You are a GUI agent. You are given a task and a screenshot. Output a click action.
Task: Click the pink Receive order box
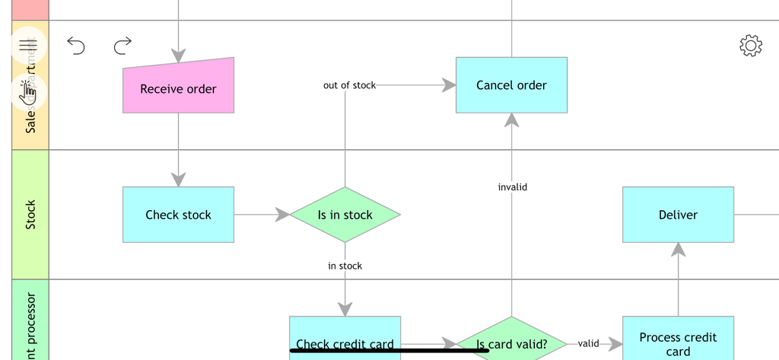coord(178,88)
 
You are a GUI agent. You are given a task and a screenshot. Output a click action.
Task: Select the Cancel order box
coord(511,85)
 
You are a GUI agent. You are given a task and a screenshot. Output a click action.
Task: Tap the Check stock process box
coord(178,215)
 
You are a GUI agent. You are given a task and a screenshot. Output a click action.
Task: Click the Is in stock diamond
coord(345,215)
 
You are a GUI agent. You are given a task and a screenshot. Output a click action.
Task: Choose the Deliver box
coord(678,215)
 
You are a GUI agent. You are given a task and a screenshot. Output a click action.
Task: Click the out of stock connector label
coord(349,85)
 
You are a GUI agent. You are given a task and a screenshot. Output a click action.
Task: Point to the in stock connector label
coord(345,266)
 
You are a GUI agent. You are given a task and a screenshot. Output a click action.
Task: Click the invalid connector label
coord(512,186)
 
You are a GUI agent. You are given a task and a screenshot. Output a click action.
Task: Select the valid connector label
coord(588,343)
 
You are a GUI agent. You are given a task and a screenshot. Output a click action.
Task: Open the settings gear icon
coord(750,46)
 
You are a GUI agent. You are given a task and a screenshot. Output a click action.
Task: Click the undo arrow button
coord(76,46)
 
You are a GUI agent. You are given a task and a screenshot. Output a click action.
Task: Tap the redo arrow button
coord(122,46)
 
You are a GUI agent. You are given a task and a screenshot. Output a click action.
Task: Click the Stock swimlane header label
coord(30,215)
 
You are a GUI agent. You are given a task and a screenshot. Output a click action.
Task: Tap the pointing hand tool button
coord(29,91)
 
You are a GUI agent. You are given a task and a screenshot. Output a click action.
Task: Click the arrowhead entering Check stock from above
coord(178,180)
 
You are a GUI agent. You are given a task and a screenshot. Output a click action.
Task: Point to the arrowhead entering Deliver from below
coord(678,249)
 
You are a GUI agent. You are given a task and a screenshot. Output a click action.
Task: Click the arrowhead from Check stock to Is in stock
coord(282,215)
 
